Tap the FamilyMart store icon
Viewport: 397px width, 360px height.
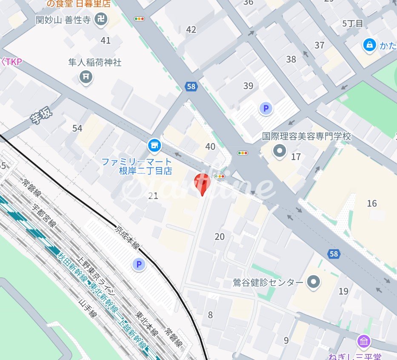(x=154, y=146)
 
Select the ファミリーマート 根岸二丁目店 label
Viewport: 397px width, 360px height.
(x=137, y=166)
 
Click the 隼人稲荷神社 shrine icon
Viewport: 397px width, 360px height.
(x=86, y=77)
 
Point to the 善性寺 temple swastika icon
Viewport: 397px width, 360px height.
(x=101, y=20)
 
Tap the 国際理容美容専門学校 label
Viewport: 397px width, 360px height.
(x=307, y=137)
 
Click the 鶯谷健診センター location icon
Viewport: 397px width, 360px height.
(x=314, y=282)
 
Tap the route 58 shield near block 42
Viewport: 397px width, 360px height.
(x=191, y=87)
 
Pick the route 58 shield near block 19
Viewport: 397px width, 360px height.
(x=334, y=254)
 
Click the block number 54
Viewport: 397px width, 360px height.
(x=77, y=128)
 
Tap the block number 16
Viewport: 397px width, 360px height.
(x=372, y=203)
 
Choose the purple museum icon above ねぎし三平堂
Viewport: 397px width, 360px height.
(x=364, y=341)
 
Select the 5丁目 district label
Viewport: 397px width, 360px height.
(x=353, y=23)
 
